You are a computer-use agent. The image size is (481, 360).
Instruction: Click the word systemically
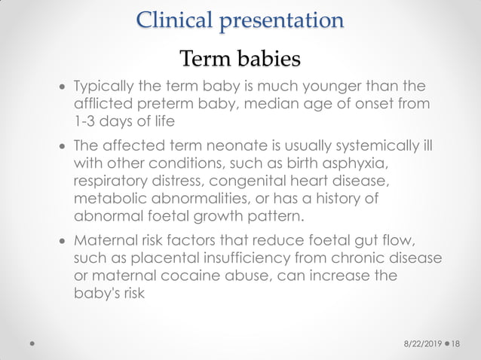(381, 145)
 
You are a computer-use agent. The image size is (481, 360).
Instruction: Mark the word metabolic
(107, 200)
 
